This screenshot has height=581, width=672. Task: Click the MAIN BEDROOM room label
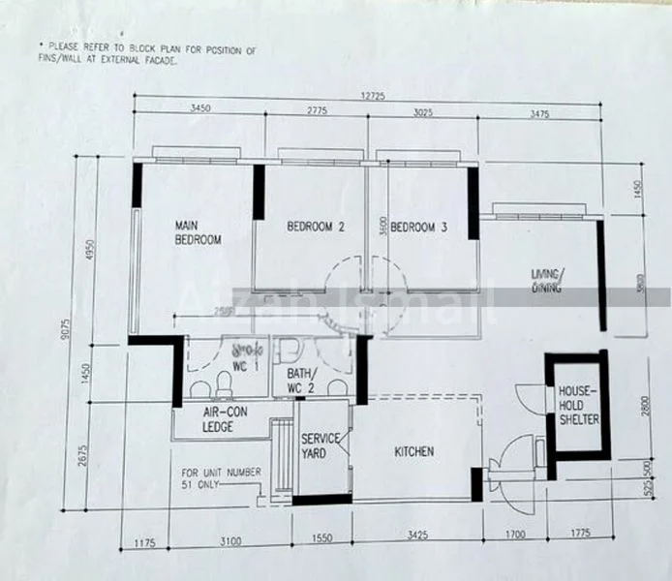pyautogui.click(x=199, y=232)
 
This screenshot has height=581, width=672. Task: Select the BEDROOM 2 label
pyautogui.click(x=316, y=228)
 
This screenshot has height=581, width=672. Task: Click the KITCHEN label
pyautogui.click(x=413, y=451)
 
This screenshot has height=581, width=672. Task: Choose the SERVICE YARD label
pyautogui.click(x=320, y=445)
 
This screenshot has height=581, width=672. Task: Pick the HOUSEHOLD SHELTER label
pyautogui.click(x=578, y=406)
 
